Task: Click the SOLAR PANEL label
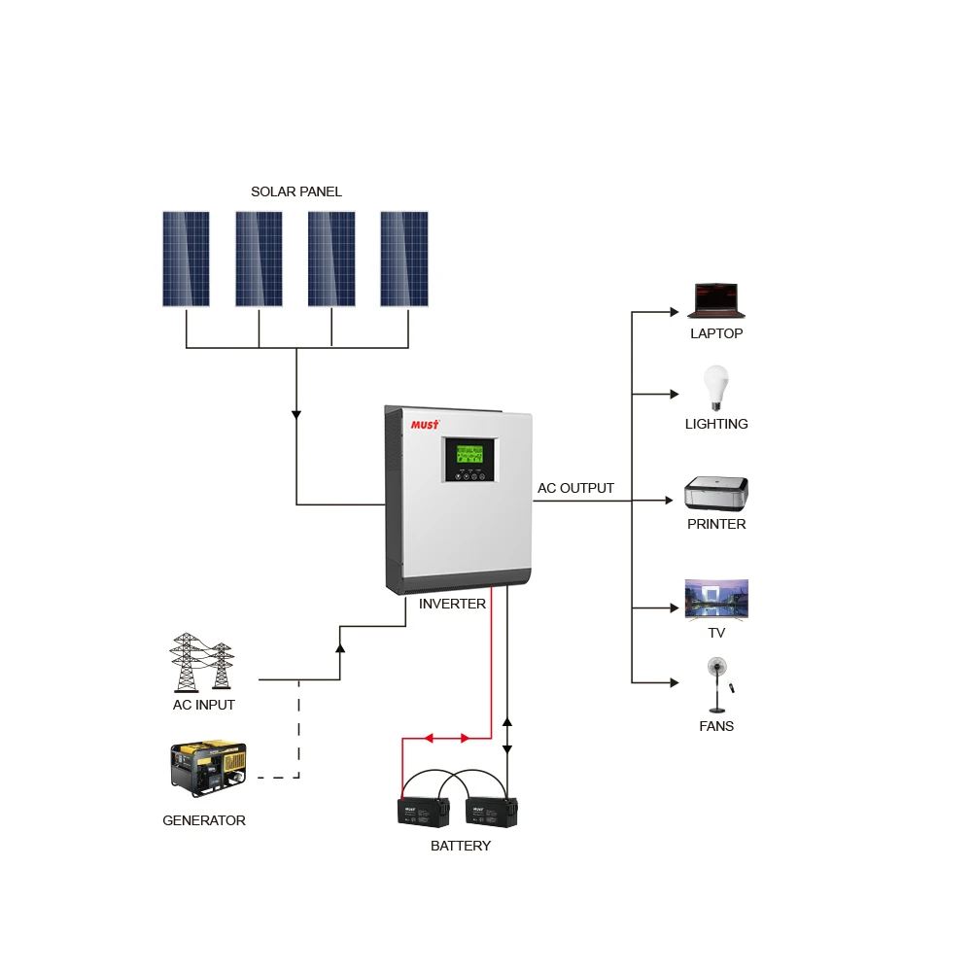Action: pyautogui.click(x=296, y=191)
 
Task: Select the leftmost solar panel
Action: pyautogui.click(x=186, y=259)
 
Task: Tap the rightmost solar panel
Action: pyautogui.click(x=404, y=259)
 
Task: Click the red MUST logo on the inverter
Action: pyautogui.click(x=425, y=425)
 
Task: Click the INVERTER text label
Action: pyautogui.click(x=452, y=604)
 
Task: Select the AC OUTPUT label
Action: pyautogui.click(x=575, y=488)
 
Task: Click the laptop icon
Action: pyautogui.click(x=716, y=301)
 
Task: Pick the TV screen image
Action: pyautogui.click(x=716, y=599)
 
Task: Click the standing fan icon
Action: pyautogui.click(x=717, y=685)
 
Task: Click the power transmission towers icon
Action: pyautogui.click(x=202, y=662)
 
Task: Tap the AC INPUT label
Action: pyautogui.click(x=204, y=705)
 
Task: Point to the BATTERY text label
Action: pyautogui.click(x=461, y=846)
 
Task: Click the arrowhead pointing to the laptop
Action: pyautogui.click(x=674, y=312)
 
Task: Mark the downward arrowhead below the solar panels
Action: pyautogui.click(x=296, y=415)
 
